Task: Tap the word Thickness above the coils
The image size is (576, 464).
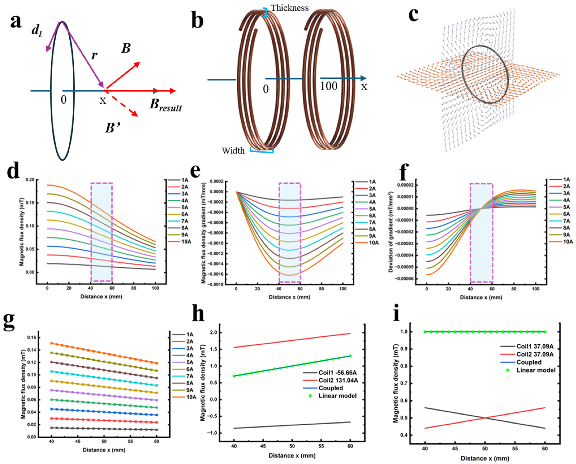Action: pos(290,8)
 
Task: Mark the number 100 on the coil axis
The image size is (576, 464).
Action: pos(329,86)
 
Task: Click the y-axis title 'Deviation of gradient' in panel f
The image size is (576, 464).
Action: pos(391,232)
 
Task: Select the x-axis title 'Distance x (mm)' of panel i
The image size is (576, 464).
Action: pos(484,458)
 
